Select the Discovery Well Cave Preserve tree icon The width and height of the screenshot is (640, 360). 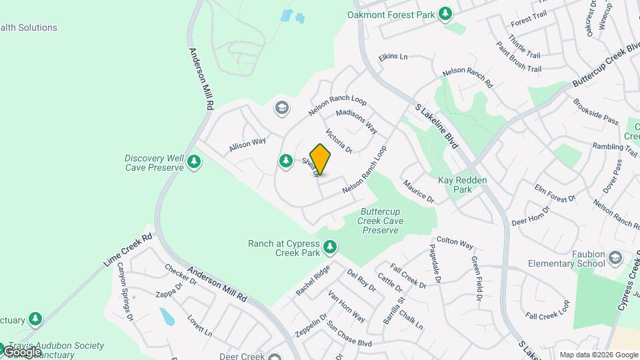click(194, 162)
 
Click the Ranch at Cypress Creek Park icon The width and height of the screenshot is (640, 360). click(329, 248)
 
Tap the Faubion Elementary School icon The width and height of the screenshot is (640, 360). click(615, 258)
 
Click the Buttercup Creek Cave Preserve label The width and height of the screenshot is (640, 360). click(381, 221)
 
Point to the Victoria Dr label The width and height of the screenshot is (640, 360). click(338, 140)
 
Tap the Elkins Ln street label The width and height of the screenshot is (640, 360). click(393, 57)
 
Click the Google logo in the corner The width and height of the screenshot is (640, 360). click(21, 351)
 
